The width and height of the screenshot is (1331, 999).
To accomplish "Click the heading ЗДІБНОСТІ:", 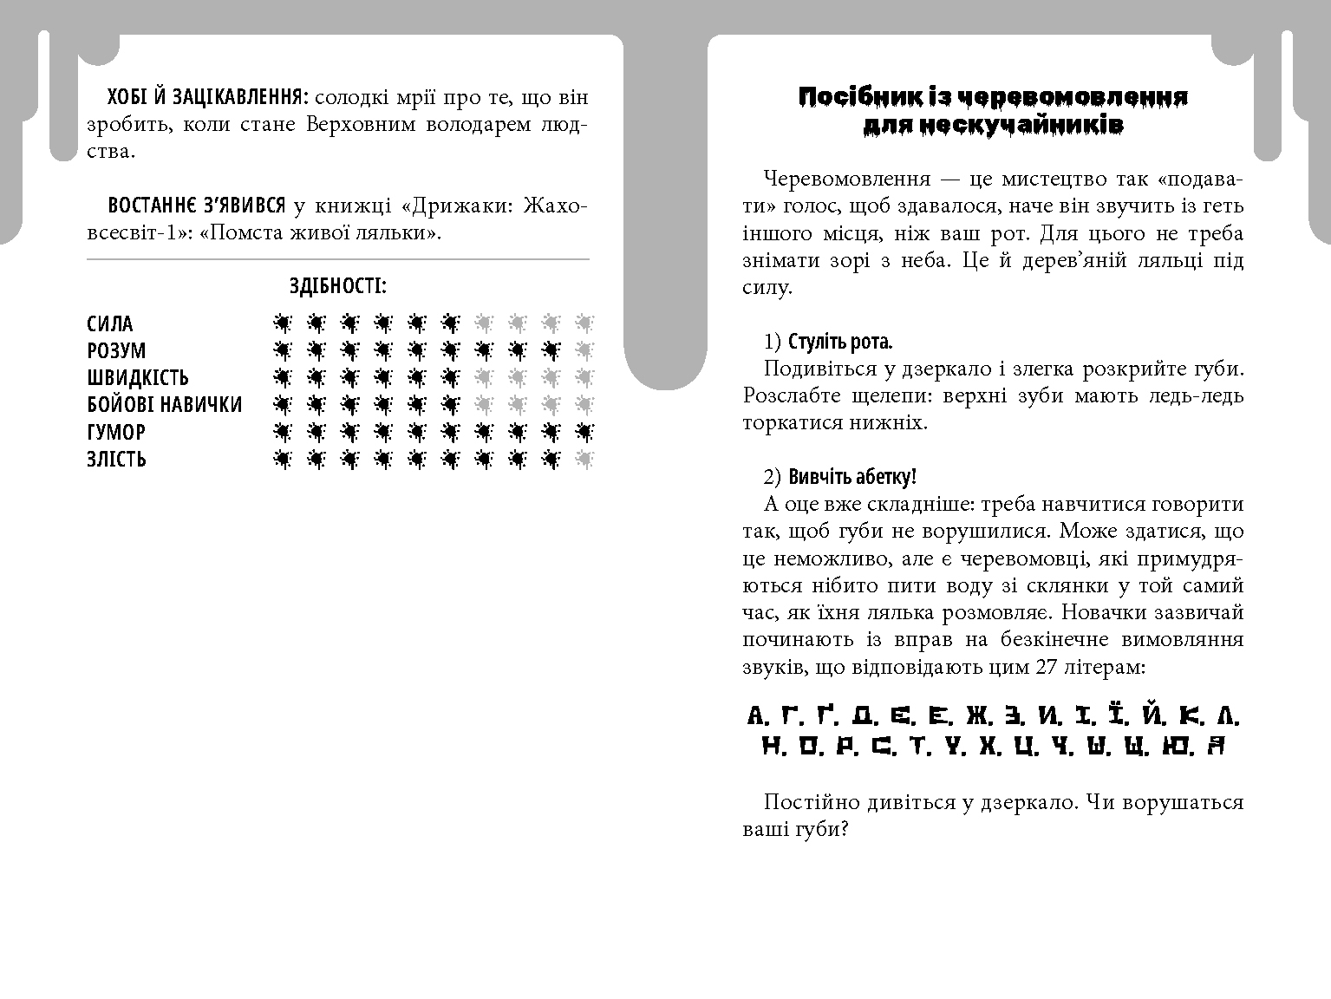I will pyautogui.click(x=337, y=286).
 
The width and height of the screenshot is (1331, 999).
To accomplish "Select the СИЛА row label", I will pyautogui.click(x=110, y=324).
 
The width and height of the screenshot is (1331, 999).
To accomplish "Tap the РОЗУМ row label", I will pyautogui.click(x=116, y=351).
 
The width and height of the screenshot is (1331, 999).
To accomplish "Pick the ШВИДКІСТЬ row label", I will pyautogui.click(x=138, y=378).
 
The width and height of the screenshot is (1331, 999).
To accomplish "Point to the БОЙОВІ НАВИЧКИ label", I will pyautogui.click(x=165, y=405).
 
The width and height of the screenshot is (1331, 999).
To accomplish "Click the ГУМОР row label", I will pyautogui.click(x=116, y=432).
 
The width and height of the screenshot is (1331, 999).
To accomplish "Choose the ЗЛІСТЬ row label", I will pyautogui.click(x=116, y=459).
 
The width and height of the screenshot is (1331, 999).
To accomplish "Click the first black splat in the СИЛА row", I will pyautogui.click(x=282, y=323).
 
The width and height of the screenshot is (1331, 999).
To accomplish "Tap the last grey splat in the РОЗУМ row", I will pyautogui.click(x=584, y=350).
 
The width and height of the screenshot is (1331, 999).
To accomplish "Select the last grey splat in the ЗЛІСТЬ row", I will pyautogui.click(x=584, y=459).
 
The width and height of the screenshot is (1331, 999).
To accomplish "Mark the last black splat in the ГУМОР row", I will pyautogui.click(x=584, y=432).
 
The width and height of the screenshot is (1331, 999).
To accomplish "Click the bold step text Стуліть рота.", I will pyautogui.click(x=840, y=341).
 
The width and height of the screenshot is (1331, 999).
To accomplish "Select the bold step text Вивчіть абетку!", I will pyautogui.click(x=852, y=476).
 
